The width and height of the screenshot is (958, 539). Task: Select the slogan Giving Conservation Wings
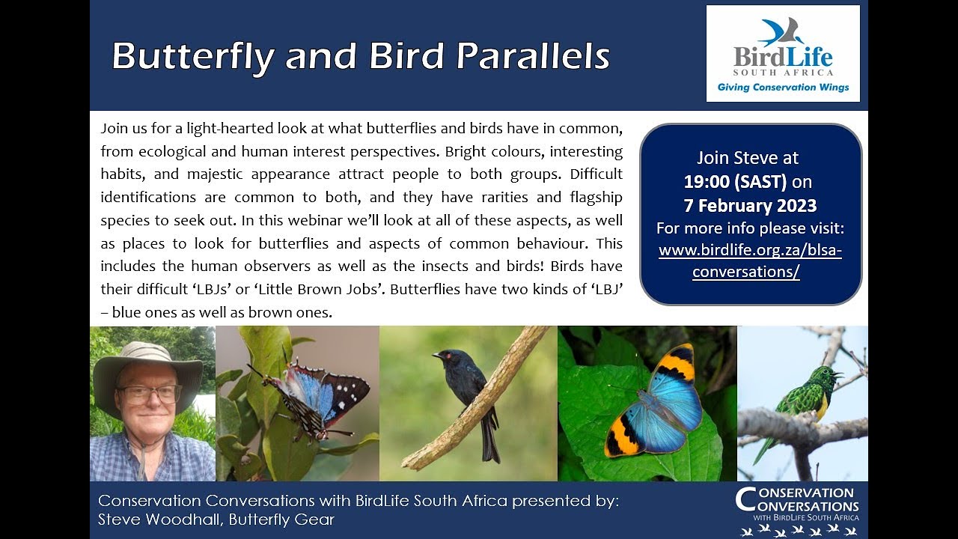783,88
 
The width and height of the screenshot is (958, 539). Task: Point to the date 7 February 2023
750,204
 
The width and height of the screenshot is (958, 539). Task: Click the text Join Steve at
748,158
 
